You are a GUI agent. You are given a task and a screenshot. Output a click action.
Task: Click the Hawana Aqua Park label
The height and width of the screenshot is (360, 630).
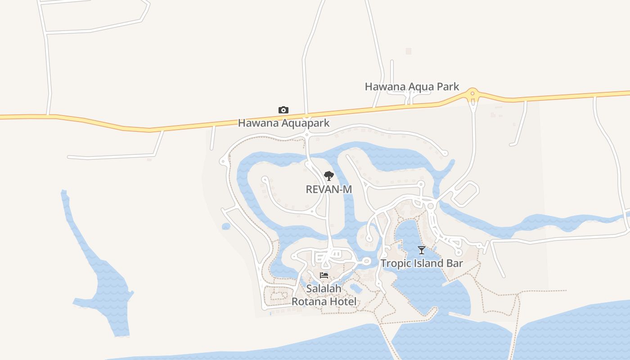point(412,86)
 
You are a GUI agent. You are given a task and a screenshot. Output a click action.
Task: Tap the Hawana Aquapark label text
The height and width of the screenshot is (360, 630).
point(283,123)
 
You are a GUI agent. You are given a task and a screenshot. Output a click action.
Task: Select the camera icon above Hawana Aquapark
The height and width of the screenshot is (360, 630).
point(283,110)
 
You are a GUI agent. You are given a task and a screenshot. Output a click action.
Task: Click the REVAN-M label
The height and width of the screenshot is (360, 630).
point(328,189)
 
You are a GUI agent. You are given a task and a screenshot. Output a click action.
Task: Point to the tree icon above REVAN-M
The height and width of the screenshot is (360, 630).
point(329,176)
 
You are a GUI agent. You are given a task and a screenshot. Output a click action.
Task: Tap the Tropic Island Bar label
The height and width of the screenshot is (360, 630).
point(422,263)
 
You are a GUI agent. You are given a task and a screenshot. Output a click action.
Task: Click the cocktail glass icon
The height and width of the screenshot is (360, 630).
point(422,250)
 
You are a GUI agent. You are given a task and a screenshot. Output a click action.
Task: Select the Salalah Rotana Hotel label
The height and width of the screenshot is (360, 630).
point(324,295)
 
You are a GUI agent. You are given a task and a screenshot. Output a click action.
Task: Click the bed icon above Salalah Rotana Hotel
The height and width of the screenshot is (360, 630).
point(324,275)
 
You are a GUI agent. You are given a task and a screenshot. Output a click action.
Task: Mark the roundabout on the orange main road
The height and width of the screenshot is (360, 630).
point(472,94)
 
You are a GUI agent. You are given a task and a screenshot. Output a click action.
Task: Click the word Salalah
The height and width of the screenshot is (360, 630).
point(324,288)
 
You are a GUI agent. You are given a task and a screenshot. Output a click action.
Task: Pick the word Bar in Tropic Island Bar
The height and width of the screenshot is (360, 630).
point(454,263)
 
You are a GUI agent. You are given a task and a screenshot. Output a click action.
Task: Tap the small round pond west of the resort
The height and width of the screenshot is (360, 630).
point(226,226)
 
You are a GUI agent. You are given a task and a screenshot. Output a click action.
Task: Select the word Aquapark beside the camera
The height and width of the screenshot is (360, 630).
point(302,123)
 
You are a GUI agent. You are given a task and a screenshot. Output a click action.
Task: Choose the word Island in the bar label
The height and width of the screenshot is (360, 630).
point(429,263)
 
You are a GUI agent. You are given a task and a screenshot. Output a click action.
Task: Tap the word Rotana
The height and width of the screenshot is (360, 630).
point(310,301)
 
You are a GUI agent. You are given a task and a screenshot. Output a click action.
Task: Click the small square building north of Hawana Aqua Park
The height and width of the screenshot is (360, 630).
point(409,51)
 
